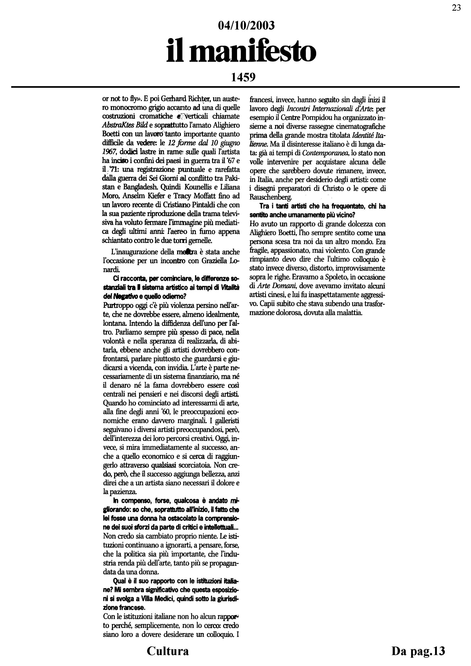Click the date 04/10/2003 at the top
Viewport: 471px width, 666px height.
tap(246, 26)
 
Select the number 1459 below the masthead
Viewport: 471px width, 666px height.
tap(243, 77)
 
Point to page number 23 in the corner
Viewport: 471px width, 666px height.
tap(456, 8)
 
